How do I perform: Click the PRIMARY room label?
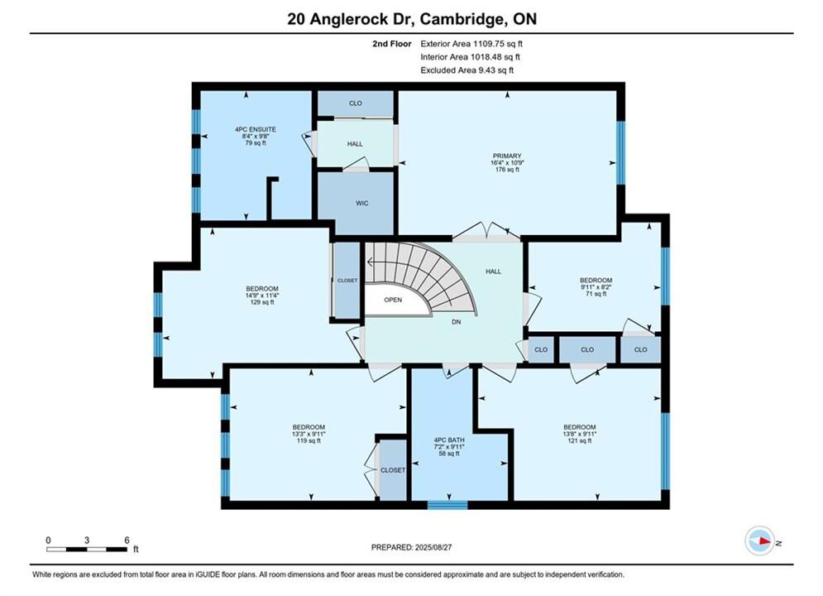(507, 156)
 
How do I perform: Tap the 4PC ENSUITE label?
(256, 130)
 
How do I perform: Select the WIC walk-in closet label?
(362, 203)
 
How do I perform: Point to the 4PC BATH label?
(449, 440)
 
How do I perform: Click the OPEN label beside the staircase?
(393, 300)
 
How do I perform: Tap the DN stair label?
(457, 322)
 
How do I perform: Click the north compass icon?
(760, 541)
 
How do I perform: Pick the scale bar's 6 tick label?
(127, 541)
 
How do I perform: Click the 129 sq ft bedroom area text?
(262, 302)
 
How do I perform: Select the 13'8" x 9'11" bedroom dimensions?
(580, 435)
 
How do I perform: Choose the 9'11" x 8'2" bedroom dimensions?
(596, 287)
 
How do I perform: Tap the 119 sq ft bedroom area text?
(309, 441)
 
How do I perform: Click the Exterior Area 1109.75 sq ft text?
(471, 44)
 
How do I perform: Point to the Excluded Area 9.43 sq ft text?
(467, 70)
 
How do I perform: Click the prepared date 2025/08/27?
(433, 547)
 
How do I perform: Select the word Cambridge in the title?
(461, 19)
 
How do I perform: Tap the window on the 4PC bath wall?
(447, 505)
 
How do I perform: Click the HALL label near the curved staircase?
(493, 272)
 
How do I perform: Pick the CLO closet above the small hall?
(356, 103)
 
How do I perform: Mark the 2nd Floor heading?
(392, 44)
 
